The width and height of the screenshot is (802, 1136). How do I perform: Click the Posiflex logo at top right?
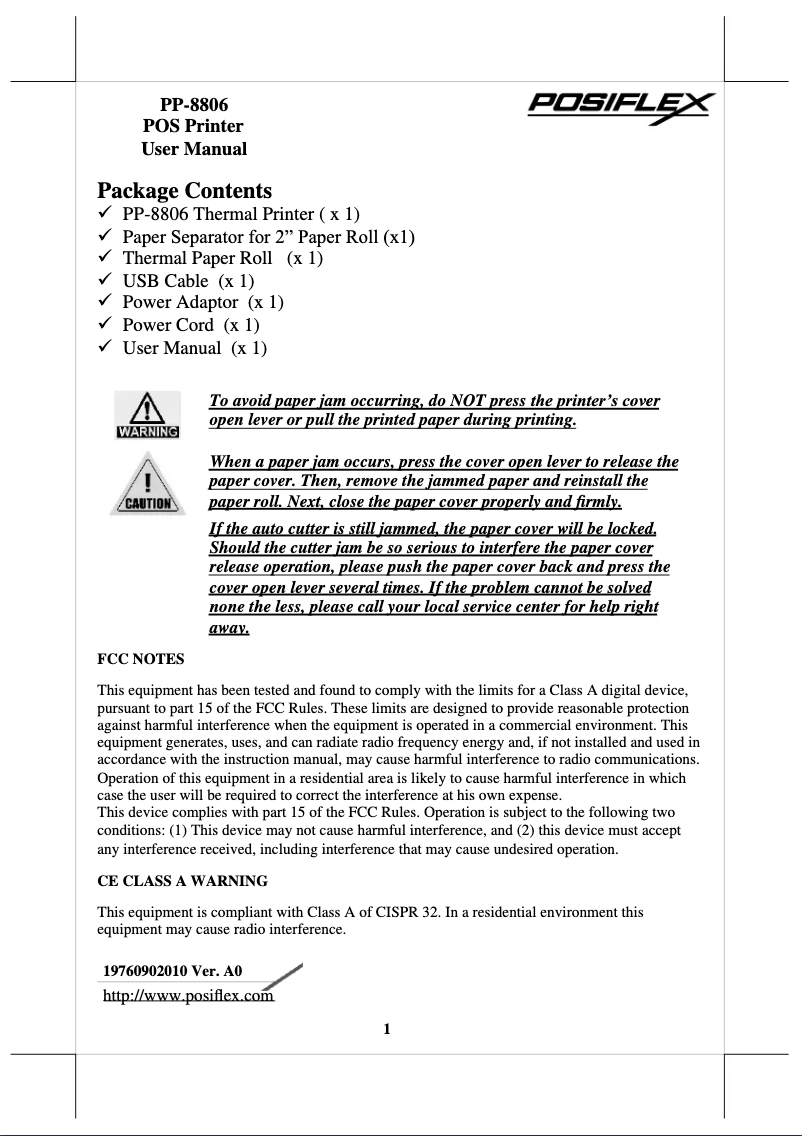pyautogui.click(x=620, y=106)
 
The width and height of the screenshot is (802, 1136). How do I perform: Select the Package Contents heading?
pyautogui.click(x=184, y=190)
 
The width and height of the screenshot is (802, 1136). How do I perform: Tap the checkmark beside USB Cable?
pyautogui.click(x=104, y=280)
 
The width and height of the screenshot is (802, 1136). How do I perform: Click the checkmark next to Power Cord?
pyautogui.click(x=104, y=324)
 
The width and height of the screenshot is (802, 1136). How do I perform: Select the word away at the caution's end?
pyautogui.click(x=228, y=629)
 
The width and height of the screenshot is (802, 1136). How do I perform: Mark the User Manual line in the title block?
pyautogui.click(x=194, y=149)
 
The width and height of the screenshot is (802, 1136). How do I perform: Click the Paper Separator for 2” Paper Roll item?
pyautogui.click(x=268, y=237)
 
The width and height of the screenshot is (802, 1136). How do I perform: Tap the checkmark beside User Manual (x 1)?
pyautogui.click(x=104, y=347)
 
